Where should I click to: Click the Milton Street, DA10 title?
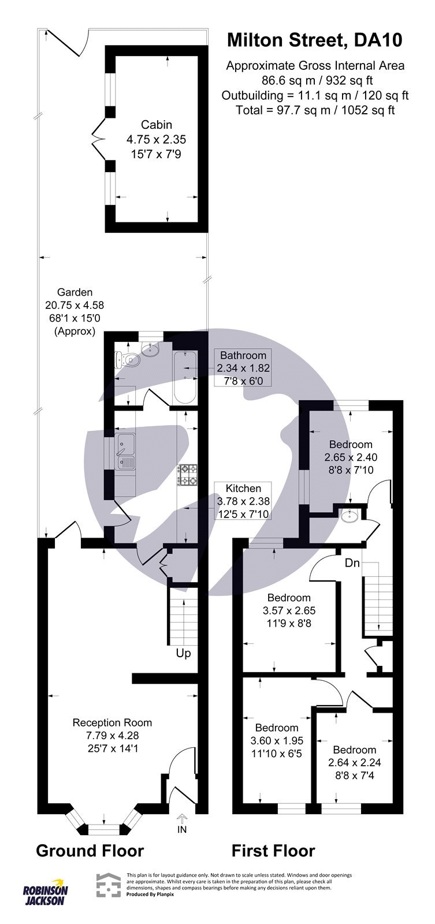click(314, 40)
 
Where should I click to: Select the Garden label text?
click(74, 292)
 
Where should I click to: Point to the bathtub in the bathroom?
click(185, 376)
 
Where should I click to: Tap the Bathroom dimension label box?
click(242, 368)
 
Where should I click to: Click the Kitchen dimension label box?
click(243, 501)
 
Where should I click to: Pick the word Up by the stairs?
click(183, 653)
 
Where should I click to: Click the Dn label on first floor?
click(353, 563)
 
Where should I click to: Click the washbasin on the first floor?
click(350, 516)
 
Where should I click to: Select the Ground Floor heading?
click(90, 851)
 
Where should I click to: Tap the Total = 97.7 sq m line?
click(315, 110)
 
